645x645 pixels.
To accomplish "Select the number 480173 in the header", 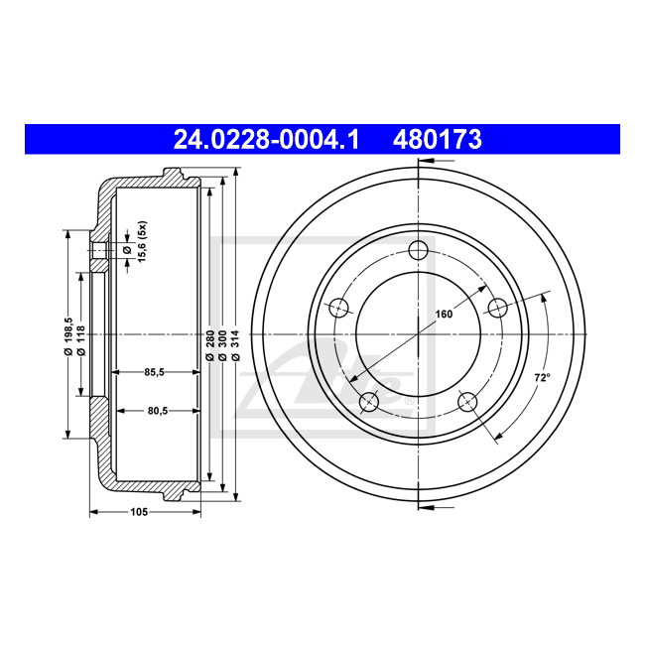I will pos(438,140).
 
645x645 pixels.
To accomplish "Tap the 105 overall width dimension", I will pos(138,511).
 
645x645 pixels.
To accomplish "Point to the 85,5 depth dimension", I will pos(154,372).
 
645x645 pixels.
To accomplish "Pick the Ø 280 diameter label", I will pos(209,342).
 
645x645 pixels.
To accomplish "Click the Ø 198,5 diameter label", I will pos(67,334).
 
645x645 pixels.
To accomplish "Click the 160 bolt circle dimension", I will pos(444,315).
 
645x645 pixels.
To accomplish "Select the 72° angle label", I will pos(542,377).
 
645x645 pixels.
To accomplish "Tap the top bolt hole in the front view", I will pos(418,249).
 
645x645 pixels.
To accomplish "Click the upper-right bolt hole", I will pos(497,307).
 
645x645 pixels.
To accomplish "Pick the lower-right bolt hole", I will pos(467,400).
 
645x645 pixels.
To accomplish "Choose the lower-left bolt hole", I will pos(369,400).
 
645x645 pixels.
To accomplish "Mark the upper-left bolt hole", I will pos(338,307).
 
